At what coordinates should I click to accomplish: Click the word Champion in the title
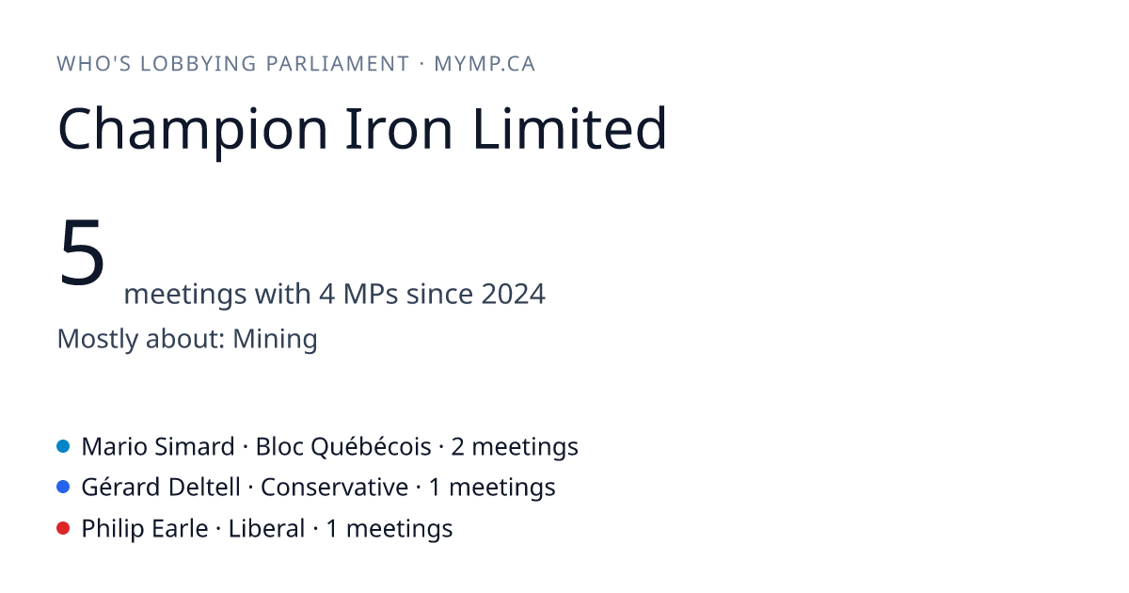pos(193,129)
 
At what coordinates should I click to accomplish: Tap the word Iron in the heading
pos(399,129)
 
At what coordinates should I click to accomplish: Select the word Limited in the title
pos(570,128)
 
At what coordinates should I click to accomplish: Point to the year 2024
pos(513,294)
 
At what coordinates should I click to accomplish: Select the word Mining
pos(275,339)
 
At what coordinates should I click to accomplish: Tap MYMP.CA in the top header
pos(485,64)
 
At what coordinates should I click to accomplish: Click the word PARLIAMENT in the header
pos(338,64)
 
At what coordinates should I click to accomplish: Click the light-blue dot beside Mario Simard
pos(63,446)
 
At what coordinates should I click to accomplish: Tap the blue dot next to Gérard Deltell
pos(63,487)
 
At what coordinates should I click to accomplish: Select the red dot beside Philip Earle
pos(63,528)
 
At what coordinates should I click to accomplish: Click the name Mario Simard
pos(158,447)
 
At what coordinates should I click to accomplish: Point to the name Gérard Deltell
pos(161,488)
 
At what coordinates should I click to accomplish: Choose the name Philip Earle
pos(145,528)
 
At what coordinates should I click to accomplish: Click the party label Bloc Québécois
pos(343,447)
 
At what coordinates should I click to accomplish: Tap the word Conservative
pos(334,488)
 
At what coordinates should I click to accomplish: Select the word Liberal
pos(266,528)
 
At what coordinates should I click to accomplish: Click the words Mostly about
pos(141,339)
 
